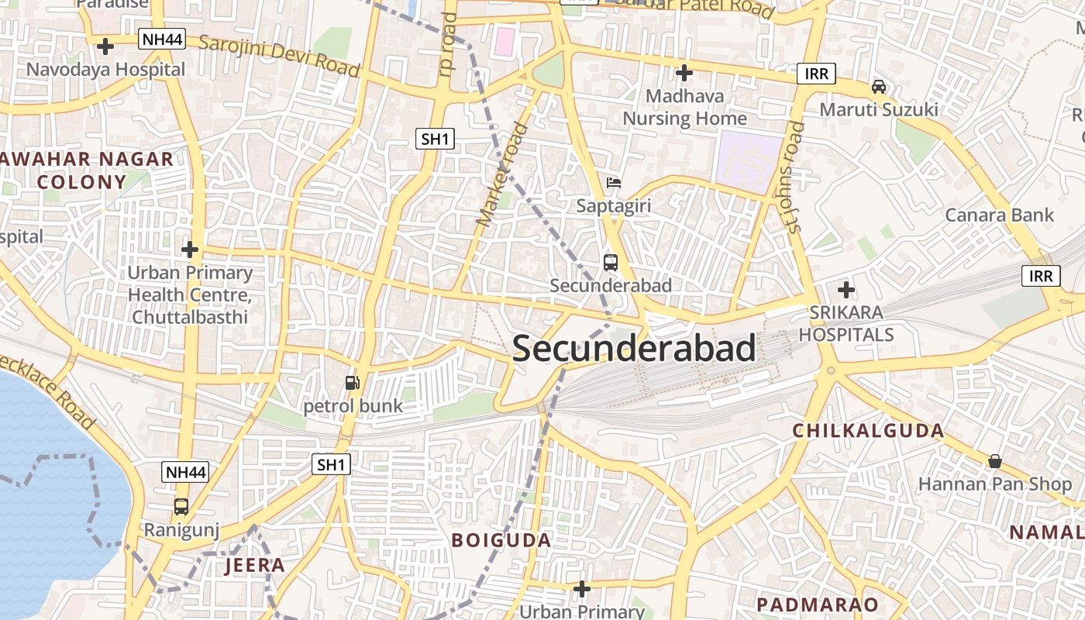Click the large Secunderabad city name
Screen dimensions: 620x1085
pos(634,348)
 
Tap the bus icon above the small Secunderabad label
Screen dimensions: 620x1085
pos(611,262)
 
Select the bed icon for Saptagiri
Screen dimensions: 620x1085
pos(614,183)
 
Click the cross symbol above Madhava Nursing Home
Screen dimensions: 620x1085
pos(684,73)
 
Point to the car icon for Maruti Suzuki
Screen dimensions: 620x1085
pos(878,86)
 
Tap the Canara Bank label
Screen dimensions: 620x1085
pos(999,215)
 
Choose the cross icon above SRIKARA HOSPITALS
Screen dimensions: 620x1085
pos(846,290)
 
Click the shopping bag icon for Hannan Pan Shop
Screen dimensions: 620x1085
pos(994,461)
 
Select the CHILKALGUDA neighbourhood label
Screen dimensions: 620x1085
pos(867,431)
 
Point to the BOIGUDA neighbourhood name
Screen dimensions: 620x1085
pos(501,540)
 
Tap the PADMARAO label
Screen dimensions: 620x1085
pos(818,604)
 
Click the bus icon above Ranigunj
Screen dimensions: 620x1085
pos(181,506)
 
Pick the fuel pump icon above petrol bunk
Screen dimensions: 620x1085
pos(352,382)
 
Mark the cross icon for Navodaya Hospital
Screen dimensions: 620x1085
pos(105,46)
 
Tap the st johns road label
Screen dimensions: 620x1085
pos(794,177)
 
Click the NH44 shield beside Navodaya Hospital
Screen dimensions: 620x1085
pos(162,39)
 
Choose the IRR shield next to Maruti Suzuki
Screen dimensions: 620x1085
pos(817,74)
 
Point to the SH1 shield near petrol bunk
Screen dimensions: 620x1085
pos(331,464)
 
